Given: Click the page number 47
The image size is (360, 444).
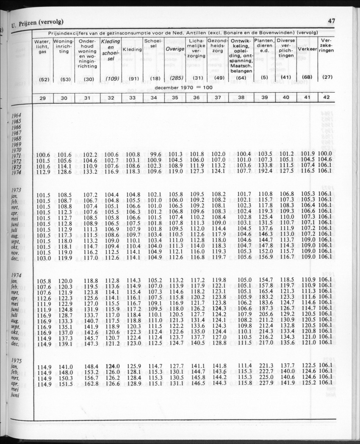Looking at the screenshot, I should click(x=331, y=21).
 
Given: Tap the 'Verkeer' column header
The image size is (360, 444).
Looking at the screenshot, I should click(x=307, y=49).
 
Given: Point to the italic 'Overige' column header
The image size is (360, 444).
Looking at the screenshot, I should click(x=175, y=49).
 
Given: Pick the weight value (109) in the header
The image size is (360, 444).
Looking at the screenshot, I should click(x=111, y=78).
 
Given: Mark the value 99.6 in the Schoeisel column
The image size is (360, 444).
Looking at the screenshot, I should click(x=155, y=154).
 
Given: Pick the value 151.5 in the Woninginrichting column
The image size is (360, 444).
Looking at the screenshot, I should click(x=65, y=383).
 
